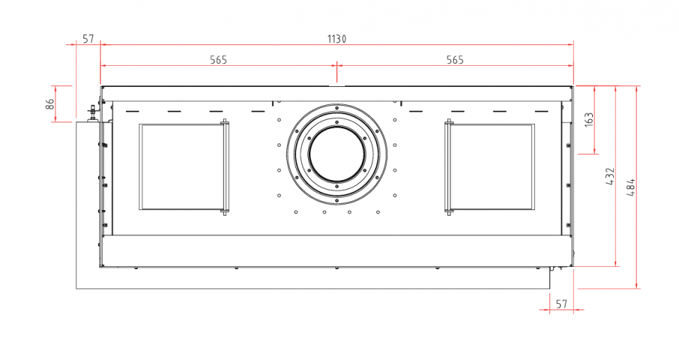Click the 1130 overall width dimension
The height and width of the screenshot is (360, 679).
(x=337, y=39)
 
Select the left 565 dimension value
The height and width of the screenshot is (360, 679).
(x=218, y=60)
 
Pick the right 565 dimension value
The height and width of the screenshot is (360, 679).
(x=455, y=60)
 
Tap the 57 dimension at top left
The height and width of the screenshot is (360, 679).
(x=88, y=39)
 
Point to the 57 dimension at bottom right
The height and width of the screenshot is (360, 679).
(x=561, y=304)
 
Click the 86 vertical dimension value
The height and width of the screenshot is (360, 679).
(x=50, y=104)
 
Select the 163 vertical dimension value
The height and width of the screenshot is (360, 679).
(x=589, y=120)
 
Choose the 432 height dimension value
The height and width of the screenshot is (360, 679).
(x=610, y=176)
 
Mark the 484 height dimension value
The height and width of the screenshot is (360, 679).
(x=631, y=187)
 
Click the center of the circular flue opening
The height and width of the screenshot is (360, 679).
(x=337, y=155)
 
